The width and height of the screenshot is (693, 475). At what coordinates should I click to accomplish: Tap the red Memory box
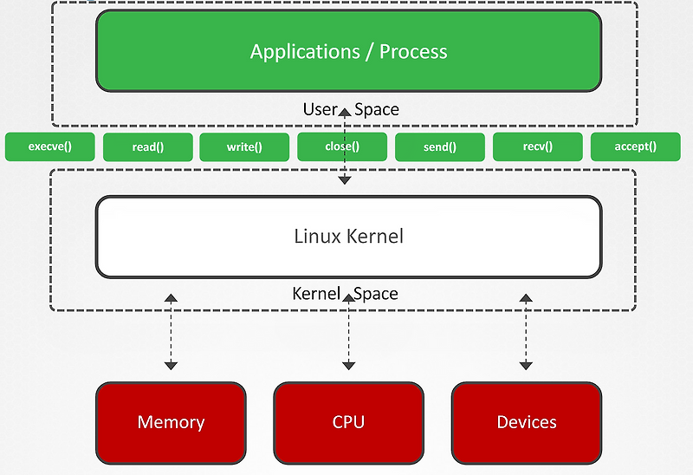[171, 422]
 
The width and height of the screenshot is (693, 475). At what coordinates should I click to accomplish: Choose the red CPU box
[348, 422]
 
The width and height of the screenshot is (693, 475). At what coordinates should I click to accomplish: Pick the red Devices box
[526, 422]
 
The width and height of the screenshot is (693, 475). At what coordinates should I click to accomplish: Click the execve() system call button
[49, 146]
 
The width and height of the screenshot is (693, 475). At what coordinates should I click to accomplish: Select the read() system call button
[147, 146]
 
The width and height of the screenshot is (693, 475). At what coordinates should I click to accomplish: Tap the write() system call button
[244, 146]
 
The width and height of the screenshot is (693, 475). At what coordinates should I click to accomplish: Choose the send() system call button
[439, 146]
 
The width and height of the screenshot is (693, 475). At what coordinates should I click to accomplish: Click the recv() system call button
[537, 146]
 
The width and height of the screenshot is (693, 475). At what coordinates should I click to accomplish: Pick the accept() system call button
[635, 146]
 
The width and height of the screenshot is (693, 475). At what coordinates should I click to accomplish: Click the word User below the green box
[320, 109]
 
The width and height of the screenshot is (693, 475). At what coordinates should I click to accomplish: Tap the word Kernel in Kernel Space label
[316, 293]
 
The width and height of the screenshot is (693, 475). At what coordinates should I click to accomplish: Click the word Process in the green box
[414, 51]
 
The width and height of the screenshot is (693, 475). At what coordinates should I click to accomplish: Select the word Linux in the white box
[318, 236]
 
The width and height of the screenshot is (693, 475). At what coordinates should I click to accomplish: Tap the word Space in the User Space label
[377, 109]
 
